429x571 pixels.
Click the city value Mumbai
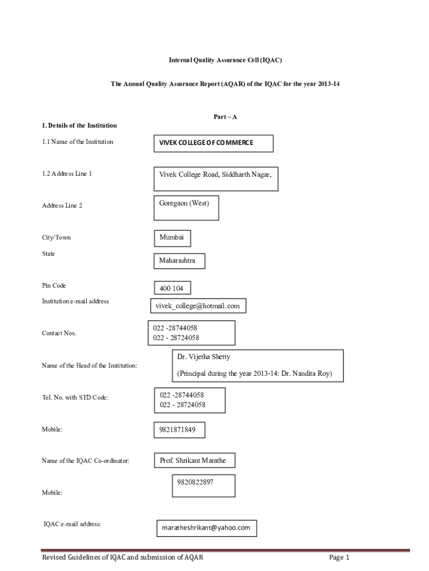[x=172, y=237]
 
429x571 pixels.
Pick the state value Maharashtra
[x=177, y=260]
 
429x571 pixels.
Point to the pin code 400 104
[x=172, y=288]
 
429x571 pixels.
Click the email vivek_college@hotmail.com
[x=198, y=306]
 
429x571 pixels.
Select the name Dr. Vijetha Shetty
[x=203, y=356]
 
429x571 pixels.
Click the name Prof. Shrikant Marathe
[x=193, y=461]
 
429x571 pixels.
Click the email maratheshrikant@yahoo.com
[x=206, y=527]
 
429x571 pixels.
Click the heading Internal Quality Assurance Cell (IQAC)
[x=222, y=59]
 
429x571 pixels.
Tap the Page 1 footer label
[x=339, y=558]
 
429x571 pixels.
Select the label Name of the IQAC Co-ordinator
[x=86, y=461]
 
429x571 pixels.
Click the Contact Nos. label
[x=59, y=333]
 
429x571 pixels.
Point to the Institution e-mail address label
[x=75, y=301]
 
